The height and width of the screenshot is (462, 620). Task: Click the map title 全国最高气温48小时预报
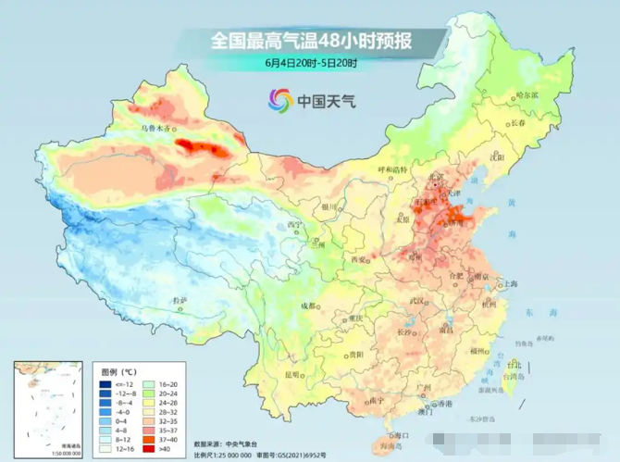click(x=310, y=41)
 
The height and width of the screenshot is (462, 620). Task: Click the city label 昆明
click(x=293, y=375)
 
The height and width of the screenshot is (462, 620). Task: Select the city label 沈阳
click(x=523, y=157)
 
